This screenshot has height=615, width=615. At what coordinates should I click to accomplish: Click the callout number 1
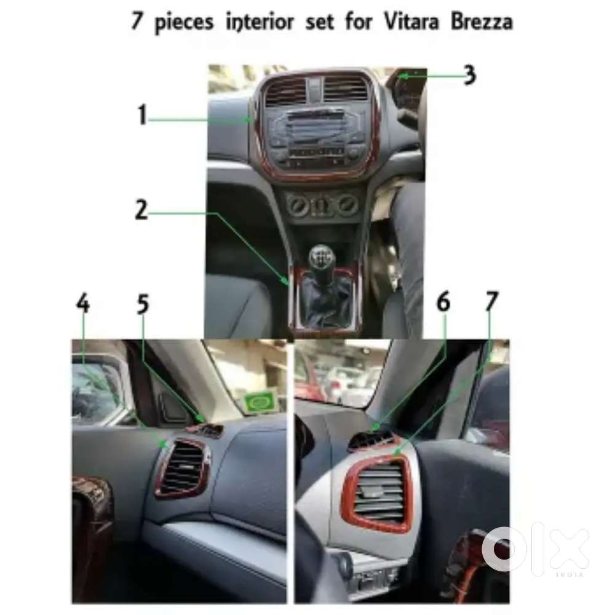[x=142, y=115]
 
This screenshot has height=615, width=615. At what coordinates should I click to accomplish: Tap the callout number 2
[x=141, y=210]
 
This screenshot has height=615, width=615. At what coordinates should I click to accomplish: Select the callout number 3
[x=469, y=74]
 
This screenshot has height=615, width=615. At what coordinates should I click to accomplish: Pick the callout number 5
[x=143, y=304]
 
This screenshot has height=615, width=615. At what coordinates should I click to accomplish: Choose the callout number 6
[x=443, y=302]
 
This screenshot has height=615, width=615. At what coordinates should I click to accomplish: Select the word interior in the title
[x=260, y=22]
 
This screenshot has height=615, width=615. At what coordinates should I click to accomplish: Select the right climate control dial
[x=347, y=204]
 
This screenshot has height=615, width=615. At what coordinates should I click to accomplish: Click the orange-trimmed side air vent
[x=376, y=492]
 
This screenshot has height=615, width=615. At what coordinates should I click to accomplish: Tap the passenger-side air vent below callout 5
[x=183, y=469]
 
